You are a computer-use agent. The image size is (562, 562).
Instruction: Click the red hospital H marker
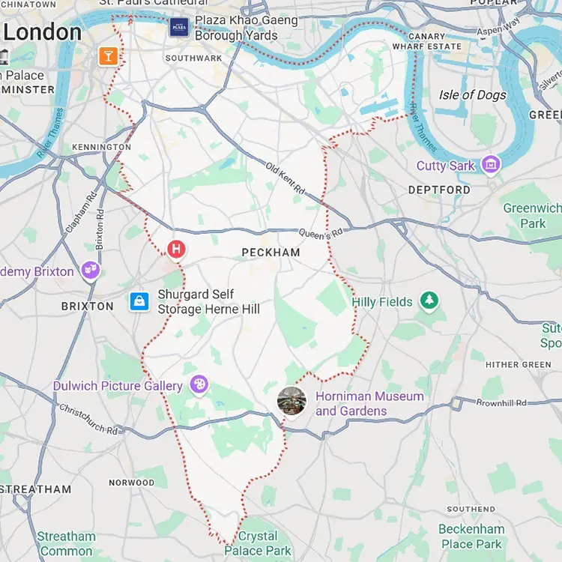tap(176, 249)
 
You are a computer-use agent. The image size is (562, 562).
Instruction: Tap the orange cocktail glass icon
tap(109, 56)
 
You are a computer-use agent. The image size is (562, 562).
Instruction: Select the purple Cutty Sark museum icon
tap(491, 164)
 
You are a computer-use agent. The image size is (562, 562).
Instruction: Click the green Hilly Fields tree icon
tap(429, 301)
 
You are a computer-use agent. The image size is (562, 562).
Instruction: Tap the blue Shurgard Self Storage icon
tap(139, 301)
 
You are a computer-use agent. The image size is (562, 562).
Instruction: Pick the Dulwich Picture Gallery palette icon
tap(199, 385)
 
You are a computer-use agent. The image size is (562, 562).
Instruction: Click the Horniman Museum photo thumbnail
tap(291, 402)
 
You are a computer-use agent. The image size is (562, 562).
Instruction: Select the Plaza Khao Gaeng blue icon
tap(178, 28)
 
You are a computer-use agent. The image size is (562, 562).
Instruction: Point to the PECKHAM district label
tap(271, 253)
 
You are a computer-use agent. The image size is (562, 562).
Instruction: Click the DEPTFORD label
tap(439, 190)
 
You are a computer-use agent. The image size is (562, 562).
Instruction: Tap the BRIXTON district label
tap(87, 306)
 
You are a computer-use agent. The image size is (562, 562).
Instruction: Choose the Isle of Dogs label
tap(473, 95)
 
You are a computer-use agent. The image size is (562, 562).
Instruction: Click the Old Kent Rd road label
tap(285, 178)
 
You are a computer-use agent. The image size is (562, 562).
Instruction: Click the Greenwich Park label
tap(532, 215)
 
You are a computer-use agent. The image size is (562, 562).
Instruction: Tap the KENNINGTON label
tap(101, 147)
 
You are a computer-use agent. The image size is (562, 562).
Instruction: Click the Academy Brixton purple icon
tap(91, 271)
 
